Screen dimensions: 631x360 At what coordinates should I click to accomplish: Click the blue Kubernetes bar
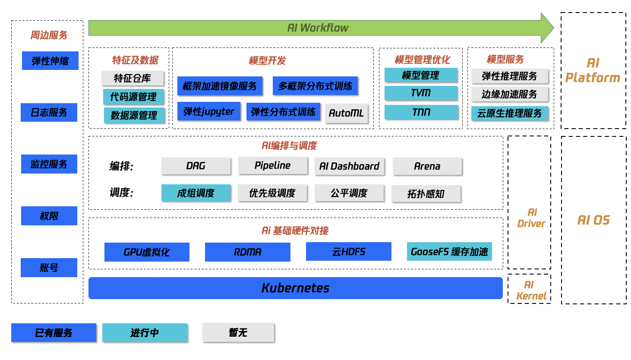point(296,288)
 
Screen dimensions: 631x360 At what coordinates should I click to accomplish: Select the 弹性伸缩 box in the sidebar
point(50,60)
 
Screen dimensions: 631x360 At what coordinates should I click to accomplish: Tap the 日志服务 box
point(49,112)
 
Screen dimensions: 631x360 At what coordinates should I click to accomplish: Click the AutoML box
point(346,113)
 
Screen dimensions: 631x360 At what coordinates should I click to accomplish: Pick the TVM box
point(421,93)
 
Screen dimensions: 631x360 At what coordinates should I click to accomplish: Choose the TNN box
point(421,112)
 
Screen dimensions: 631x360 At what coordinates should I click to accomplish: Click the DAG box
point(196,166)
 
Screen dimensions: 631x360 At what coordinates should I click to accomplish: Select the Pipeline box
point(273,165)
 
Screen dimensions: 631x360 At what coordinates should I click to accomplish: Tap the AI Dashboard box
point(349,166)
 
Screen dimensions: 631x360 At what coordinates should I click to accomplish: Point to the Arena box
point(427,166)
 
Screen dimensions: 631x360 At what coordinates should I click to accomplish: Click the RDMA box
point(248,252)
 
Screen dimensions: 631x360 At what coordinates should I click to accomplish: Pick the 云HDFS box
point(348,251)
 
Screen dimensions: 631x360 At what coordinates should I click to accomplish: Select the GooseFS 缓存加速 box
point(449,251)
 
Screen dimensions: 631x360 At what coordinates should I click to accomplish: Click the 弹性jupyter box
point(209,111)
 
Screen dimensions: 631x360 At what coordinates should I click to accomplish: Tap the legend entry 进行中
point(145,333)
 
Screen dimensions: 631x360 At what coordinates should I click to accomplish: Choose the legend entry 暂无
point(238,332)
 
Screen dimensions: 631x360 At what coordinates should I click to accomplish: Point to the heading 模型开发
point(267,60)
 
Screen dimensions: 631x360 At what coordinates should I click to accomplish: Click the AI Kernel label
point(531,291)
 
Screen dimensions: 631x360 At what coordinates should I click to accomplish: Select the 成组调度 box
point(196,193)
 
